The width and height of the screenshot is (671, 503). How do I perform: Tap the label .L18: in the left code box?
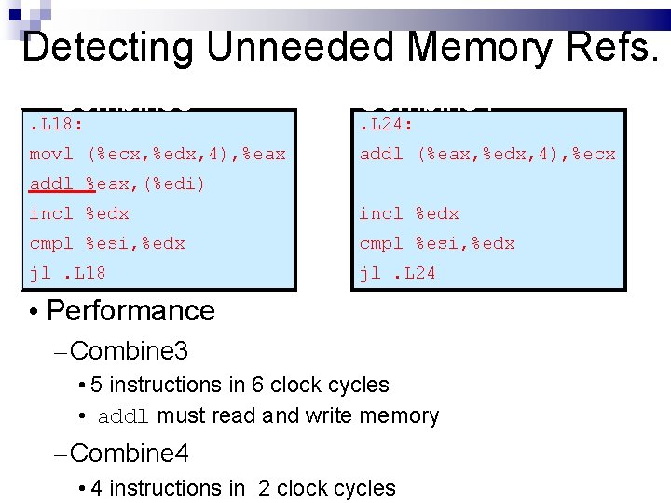point(57,124)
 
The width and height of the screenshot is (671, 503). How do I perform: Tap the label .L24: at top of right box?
point(387,124)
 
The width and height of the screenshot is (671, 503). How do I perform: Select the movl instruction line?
point(157,154)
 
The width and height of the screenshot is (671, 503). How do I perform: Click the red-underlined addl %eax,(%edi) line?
point(117,184)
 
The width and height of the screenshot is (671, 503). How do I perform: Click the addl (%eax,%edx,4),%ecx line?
point(487,154)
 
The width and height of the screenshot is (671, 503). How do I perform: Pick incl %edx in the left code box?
point(79,213)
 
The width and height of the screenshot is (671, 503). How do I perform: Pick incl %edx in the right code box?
point(409,213)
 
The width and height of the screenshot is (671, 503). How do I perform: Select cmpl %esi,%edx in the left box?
point(107,243)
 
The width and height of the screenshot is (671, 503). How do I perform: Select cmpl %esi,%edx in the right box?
point(437,243)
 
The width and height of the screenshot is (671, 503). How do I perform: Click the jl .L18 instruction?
point(67,273)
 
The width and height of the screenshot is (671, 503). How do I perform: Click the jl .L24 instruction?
point(397,273)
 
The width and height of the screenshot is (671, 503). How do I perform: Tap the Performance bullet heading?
point(130,310)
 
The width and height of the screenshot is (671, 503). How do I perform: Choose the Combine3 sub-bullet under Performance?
point(129,351)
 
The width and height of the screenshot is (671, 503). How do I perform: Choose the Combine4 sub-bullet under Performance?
point(129,454)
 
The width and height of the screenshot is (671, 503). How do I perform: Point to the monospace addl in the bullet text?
point(124,416)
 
